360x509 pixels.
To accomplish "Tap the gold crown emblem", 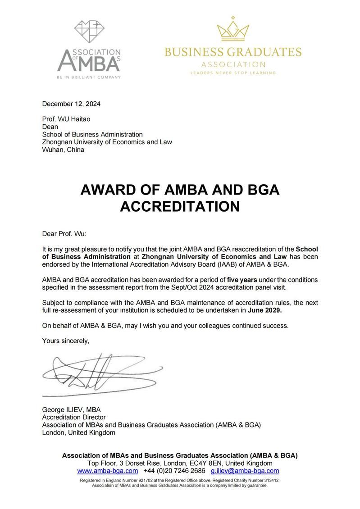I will click(x=233, y=29).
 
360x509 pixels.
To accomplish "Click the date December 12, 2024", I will click(x=71, y=104).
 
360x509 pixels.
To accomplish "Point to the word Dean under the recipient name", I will click(x=50, y=127).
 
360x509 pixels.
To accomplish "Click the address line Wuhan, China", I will click(x=63, y=150).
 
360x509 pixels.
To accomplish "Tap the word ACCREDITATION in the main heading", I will click(x=180, y=206).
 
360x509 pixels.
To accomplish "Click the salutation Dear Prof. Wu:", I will click(x=64, y=234).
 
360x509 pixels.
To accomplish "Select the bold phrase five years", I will click(x=242, y=280).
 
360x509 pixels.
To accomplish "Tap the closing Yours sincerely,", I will click(x=66, y=341).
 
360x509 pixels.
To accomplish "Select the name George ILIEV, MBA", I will click(x=71, y=410).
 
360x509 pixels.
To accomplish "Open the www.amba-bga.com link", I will click(x=108, y=471).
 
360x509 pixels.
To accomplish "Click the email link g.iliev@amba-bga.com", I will click(x=245, y=471).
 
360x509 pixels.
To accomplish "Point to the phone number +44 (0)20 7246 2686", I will click(x=174, y=471).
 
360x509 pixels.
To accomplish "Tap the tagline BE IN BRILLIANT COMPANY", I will click(x=89, y=77).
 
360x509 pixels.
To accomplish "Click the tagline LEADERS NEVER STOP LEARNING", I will click(x=233, y=73).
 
